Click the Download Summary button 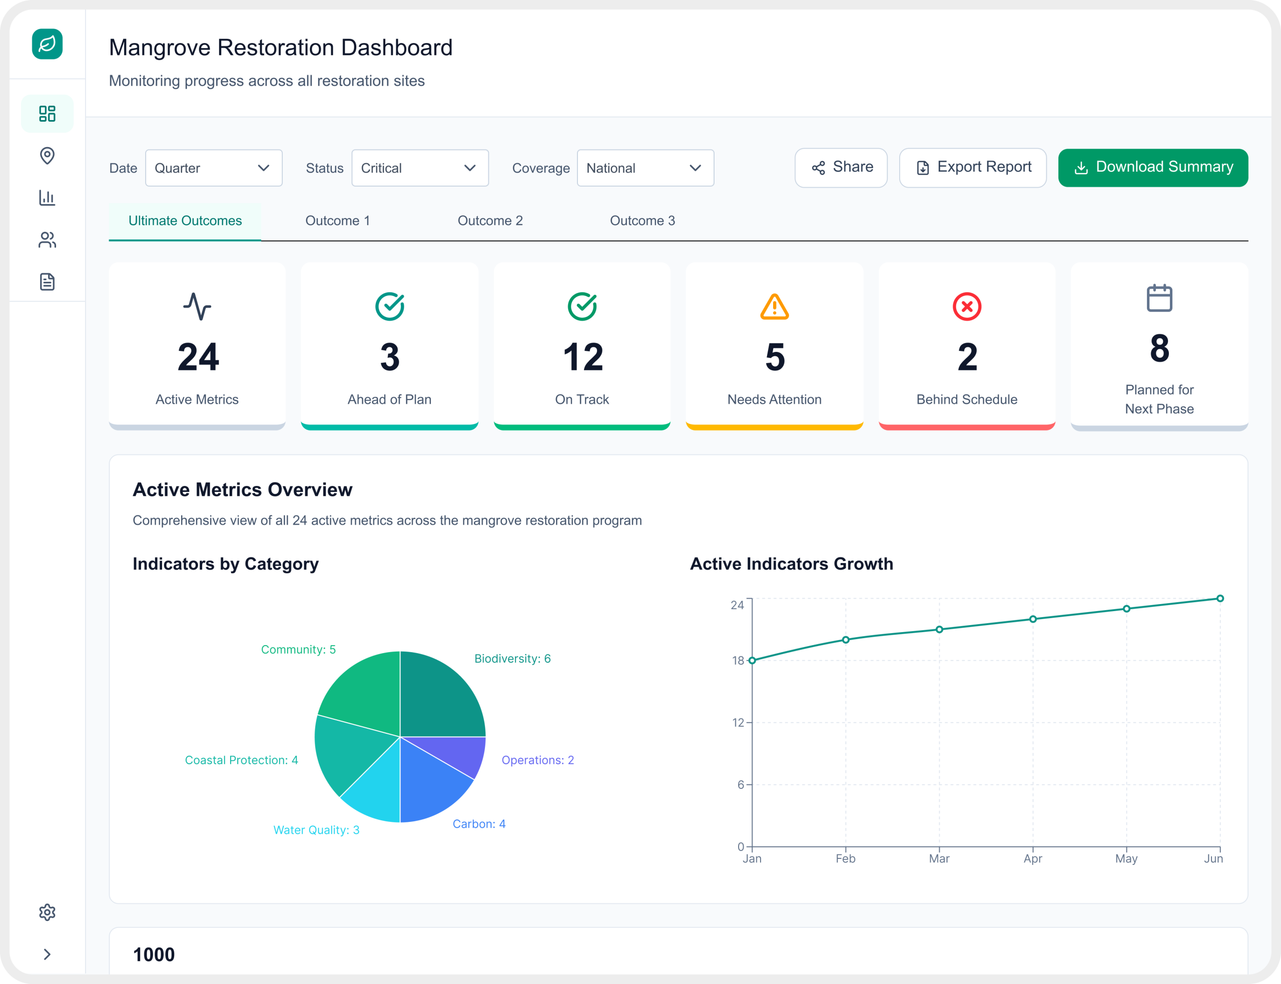click(1152, 168)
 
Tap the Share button click(840, 168)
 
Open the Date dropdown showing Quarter click(213, 168)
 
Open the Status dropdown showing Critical click(419, 168)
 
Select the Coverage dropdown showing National click(645, 168)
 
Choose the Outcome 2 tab click(489, 221)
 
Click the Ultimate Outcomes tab click(185, 221)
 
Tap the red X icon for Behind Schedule click(966, 306)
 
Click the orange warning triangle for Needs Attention click(774, 307)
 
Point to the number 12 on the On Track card click(582, 357)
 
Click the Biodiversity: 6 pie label click(512, 658)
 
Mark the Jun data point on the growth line click(1219, 599)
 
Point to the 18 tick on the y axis click(738, 661)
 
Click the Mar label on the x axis click(939, 859)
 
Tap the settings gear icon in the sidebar click(48, 912)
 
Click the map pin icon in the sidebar click(48, 155)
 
